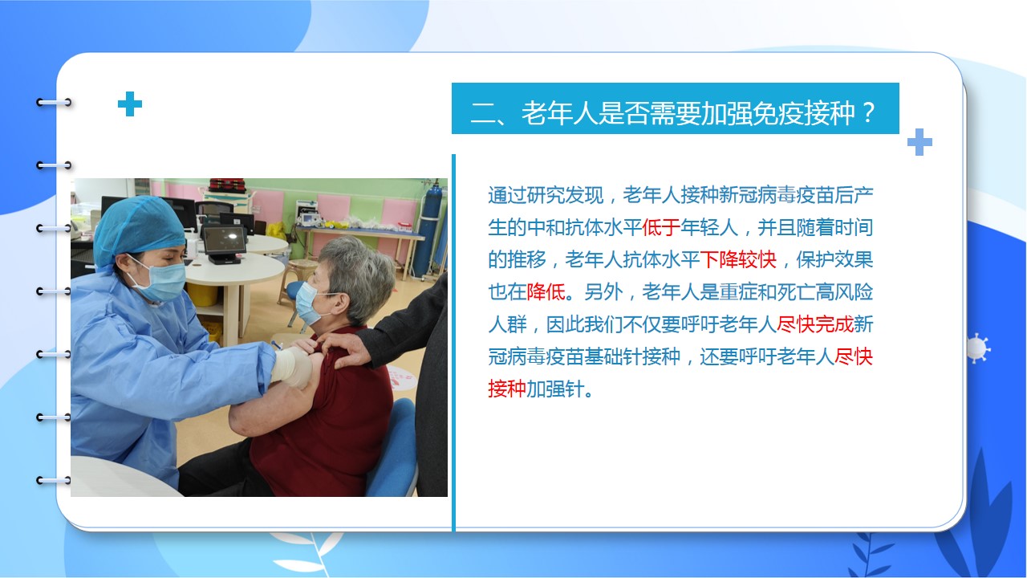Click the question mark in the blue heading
(x=868, y=113)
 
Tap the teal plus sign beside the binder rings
(x=130, y=104)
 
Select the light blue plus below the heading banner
(x=919, y=142)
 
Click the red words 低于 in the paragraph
(x=660, y=227)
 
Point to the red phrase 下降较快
(x=737, y=259)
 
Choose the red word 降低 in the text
(x=546, y=291)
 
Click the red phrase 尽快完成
(x=814, y=324)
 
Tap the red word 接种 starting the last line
(x=506, y=389)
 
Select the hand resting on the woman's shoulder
(x=345, y=348)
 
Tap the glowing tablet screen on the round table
(x=224, y=239)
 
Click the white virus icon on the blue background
(x=977, y=348)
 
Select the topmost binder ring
(x=54, y=102)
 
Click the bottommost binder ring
(x=54, y=480)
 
